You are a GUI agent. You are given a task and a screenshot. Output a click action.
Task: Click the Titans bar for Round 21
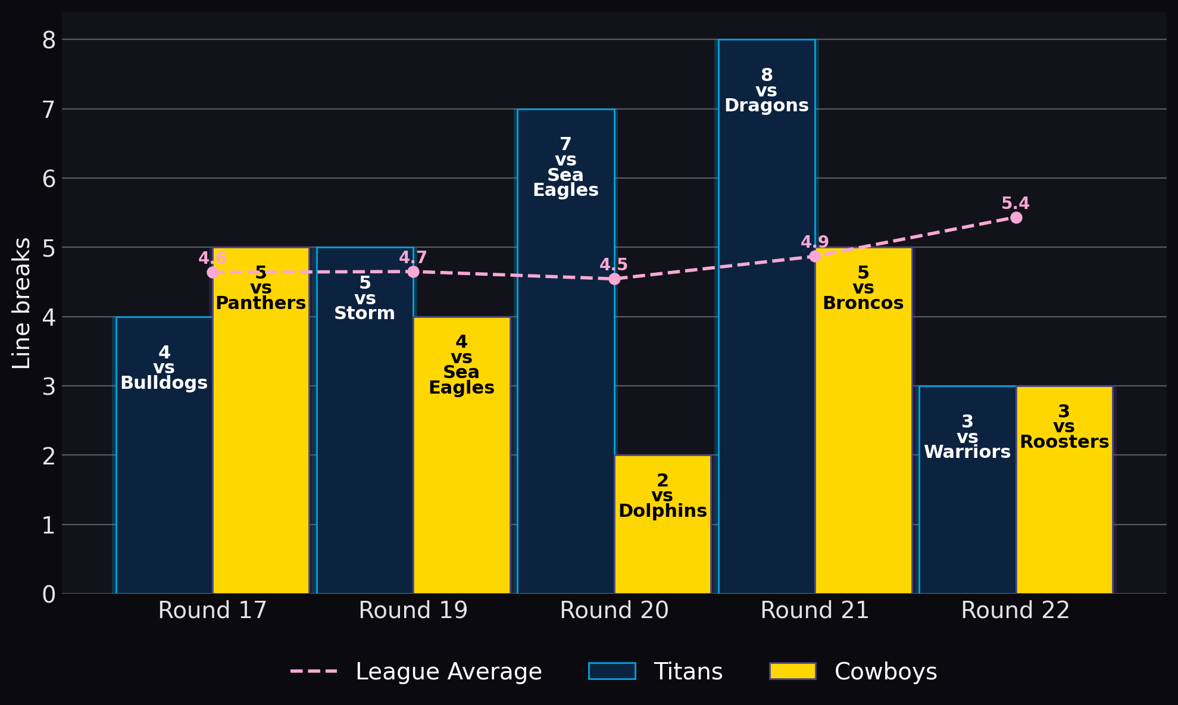(x=767, y=316)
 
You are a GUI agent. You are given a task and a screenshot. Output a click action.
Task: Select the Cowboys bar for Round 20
(x=663, y=524)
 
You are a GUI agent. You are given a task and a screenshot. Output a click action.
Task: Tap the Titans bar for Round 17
(x=164, y=455)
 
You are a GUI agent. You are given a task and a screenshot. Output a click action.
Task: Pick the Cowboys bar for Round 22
(x=1064, y=489)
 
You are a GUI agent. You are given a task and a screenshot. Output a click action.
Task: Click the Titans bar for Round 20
(x=565, y=351)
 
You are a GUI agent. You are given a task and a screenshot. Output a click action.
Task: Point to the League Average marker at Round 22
(x=1016, y=217)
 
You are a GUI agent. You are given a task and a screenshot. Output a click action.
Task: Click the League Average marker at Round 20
(x=614, y=279)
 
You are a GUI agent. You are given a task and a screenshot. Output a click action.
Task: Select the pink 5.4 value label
(x=1015, y=204)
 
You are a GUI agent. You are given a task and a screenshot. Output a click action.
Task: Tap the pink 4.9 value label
(x=815, y=242)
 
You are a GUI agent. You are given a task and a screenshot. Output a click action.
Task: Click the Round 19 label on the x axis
(x=413, y=610)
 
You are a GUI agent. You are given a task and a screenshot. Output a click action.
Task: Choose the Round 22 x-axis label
(x=1015, y=610)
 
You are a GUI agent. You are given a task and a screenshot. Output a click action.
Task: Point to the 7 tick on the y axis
(x=48, y=110)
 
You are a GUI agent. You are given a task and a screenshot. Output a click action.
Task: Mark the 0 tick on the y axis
(x=49, y=594)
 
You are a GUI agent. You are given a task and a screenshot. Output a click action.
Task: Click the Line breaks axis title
(x=21, y=303)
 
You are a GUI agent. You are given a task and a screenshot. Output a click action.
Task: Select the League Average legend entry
(x=416, y=672)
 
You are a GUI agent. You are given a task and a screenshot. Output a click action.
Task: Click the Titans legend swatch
(x=612, y=671)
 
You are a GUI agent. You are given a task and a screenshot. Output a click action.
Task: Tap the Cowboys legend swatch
(x=793, y=671)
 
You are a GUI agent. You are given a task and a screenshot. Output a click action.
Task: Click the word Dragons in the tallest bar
(x=767, y=105)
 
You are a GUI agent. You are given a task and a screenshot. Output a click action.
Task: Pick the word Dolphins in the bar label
(x=663, y=511)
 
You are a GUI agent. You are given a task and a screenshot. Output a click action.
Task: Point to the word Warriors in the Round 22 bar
(x=967, y=452)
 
